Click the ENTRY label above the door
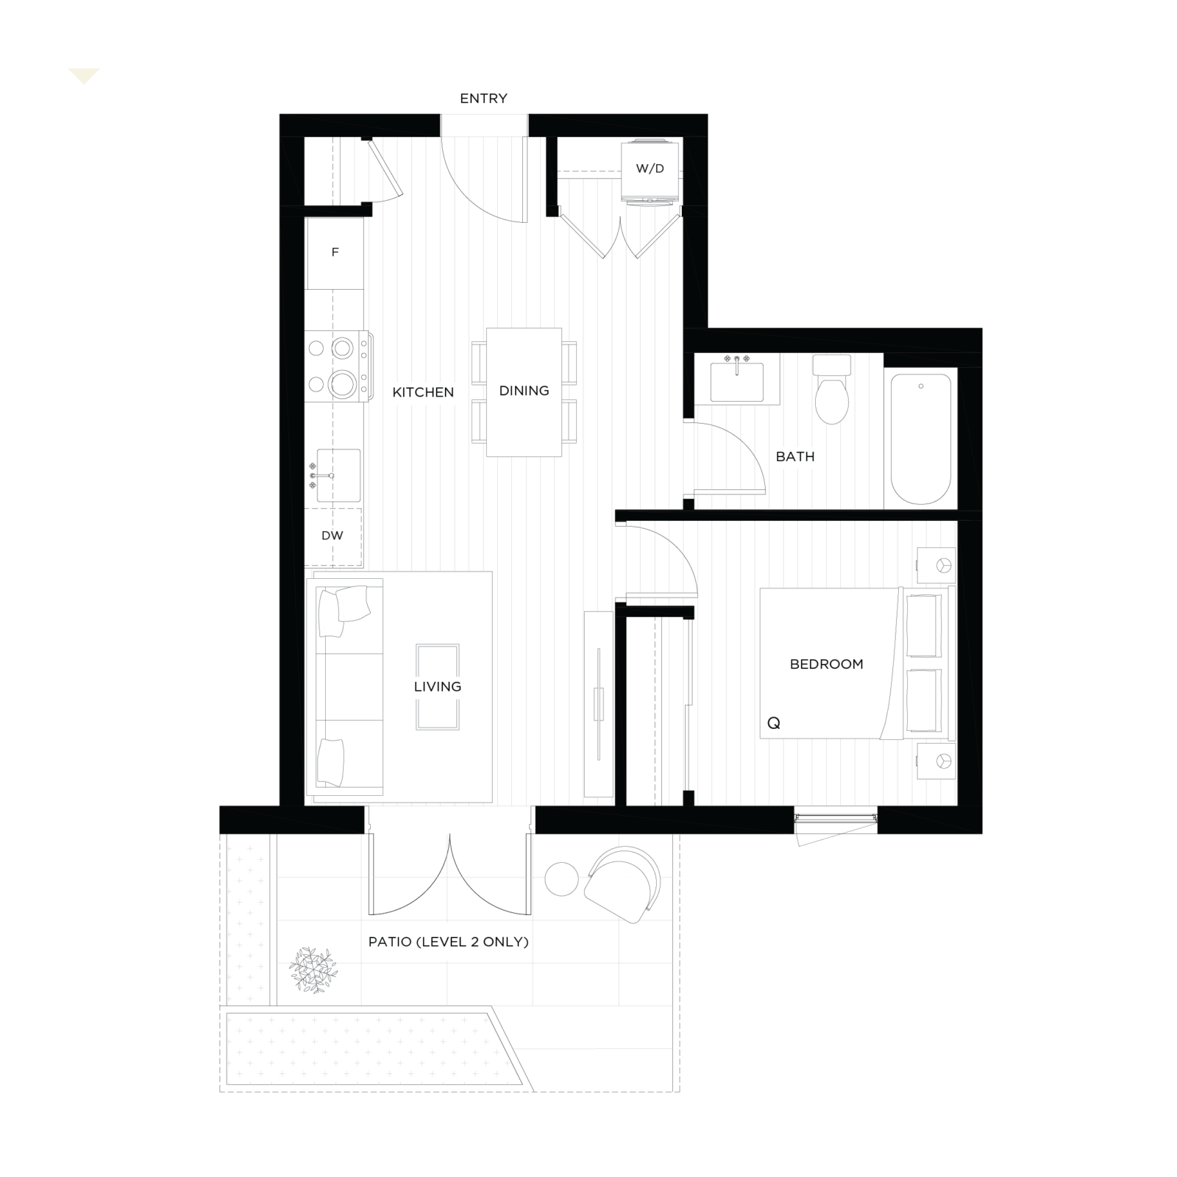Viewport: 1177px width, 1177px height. [x=483, y=99]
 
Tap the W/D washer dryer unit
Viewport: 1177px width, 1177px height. [x=649, y=170]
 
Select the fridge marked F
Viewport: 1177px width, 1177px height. [x=335, y=253]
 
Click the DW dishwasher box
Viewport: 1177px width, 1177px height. [x=333, y=536]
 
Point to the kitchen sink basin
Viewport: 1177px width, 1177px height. [x=338, y=475]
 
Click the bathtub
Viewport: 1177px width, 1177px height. [x=921, y=439]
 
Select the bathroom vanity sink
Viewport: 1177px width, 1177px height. [x=737, y=380]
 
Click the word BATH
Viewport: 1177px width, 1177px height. [x=795, y=457]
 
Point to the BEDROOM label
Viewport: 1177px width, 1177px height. [x=826, y=664]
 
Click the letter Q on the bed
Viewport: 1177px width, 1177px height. [x=773, y=724]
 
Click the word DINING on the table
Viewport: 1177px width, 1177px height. [x=524, y=391]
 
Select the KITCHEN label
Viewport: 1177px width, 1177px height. [x=423, y=393]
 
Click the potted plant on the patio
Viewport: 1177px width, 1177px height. [x=313, y=970]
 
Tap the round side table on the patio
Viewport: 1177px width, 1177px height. [x=561, y=879]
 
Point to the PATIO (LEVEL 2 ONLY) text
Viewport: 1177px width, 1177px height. [x=449, y=942]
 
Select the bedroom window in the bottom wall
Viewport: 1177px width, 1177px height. [x=836, y=819]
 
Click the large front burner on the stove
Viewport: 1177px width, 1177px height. [x=342, y=383]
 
